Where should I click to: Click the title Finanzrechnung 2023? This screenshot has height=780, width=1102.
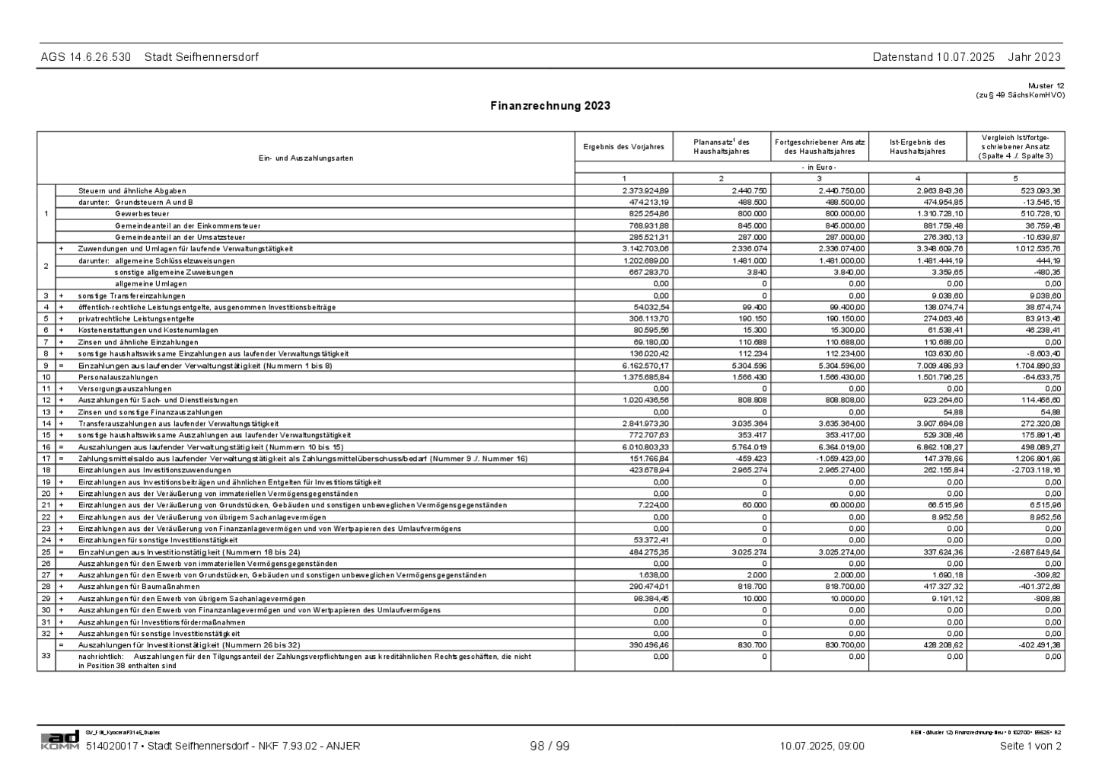click(549, 106)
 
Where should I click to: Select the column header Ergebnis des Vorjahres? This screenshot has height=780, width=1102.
click(623, 146)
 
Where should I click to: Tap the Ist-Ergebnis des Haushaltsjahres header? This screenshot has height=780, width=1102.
click(917, 146)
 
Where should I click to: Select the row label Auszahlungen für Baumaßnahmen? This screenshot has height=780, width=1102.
click(139, 587)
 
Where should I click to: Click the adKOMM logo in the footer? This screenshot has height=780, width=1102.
click(60, 740)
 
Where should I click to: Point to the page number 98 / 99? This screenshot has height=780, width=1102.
click(549, 746)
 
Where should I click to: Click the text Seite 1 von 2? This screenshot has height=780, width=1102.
click(1030, 746)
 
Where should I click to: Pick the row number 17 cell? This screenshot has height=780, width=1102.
click(46, 459)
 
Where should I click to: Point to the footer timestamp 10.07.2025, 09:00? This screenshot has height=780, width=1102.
click(822, 746)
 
